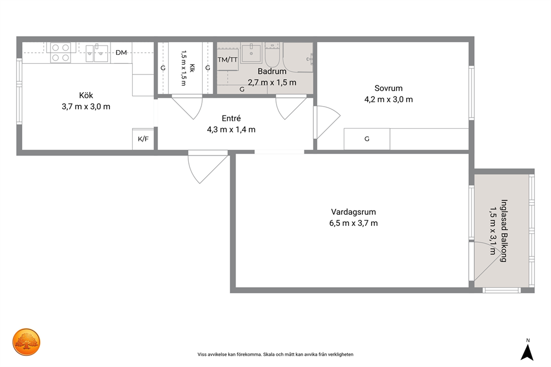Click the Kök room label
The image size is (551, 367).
point(86,95)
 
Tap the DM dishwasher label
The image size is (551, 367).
point(121,53)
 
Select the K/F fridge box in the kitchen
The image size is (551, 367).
point(143,139)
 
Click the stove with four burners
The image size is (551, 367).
point(61,53)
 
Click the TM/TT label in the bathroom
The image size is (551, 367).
point(227,60)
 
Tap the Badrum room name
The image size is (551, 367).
point(272,71)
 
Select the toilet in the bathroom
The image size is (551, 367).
point(272,55)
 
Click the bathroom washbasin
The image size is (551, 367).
point(252,53)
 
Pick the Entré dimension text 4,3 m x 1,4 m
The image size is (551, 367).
point(231,129)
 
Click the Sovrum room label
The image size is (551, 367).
point(388,88)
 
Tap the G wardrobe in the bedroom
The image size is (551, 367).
point(367,139)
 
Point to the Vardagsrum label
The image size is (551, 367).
point(353,212)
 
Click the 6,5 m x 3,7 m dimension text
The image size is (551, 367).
point(353,223)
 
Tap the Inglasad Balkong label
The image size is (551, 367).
point(504,231)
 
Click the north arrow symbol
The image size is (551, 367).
point(527,352)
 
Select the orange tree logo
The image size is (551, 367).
point(26,342)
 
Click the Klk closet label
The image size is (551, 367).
point(192,68)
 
